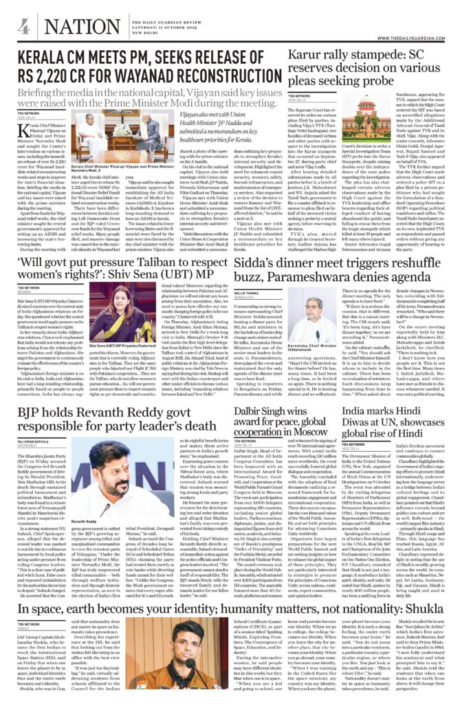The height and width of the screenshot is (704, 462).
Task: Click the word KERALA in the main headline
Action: pos(47,58)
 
